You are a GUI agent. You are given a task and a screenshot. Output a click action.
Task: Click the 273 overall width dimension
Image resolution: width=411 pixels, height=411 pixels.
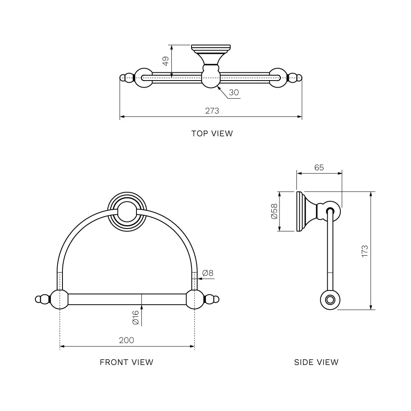coord(212,111)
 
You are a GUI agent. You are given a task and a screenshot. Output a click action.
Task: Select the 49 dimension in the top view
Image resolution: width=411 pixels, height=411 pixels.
coord(165,61)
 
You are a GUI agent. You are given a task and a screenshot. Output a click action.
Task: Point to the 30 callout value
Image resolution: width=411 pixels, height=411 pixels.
coord(234,92)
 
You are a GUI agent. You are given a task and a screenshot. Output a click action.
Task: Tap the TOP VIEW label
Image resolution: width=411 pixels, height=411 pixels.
coord(212,133)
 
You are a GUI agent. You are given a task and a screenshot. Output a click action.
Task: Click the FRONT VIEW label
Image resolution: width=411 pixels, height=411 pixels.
coord(127,362)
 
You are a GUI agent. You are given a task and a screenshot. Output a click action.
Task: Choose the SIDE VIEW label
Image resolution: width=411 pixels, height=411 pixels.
coord(316,362)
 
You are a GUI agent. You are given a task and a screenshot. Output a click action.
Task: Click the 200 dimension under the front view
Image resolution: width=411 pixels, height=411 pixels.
coord(127,340)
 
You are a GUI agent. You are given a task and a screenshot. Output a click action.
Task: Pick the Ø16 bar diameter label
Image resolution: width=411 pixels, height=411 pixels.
coord(135,318)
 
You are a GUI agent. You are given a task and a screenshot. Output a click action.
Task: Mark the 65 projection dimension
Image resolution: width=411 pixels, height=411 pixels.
coord(319,167)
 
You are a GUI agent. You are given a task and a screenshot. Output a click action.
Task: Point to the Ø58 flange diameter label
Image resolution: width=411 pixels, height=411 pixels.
coord(274,211)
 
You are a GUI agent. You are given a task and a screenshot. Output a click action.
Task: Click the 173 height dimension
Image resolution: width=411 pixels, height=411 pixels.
coord(365,251)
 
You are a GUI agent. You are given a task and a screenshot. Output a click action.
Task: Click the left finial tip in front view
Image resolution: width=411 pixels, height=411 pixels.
coord(37,299)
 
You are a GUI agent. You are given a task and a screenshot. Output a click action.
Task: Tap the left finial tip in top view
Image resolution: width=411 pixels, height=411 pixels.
coord(122,78)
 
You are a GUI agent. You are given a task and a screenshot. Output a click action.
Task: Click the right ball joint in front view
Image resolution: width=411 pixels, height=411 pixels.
coord(195,299)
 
